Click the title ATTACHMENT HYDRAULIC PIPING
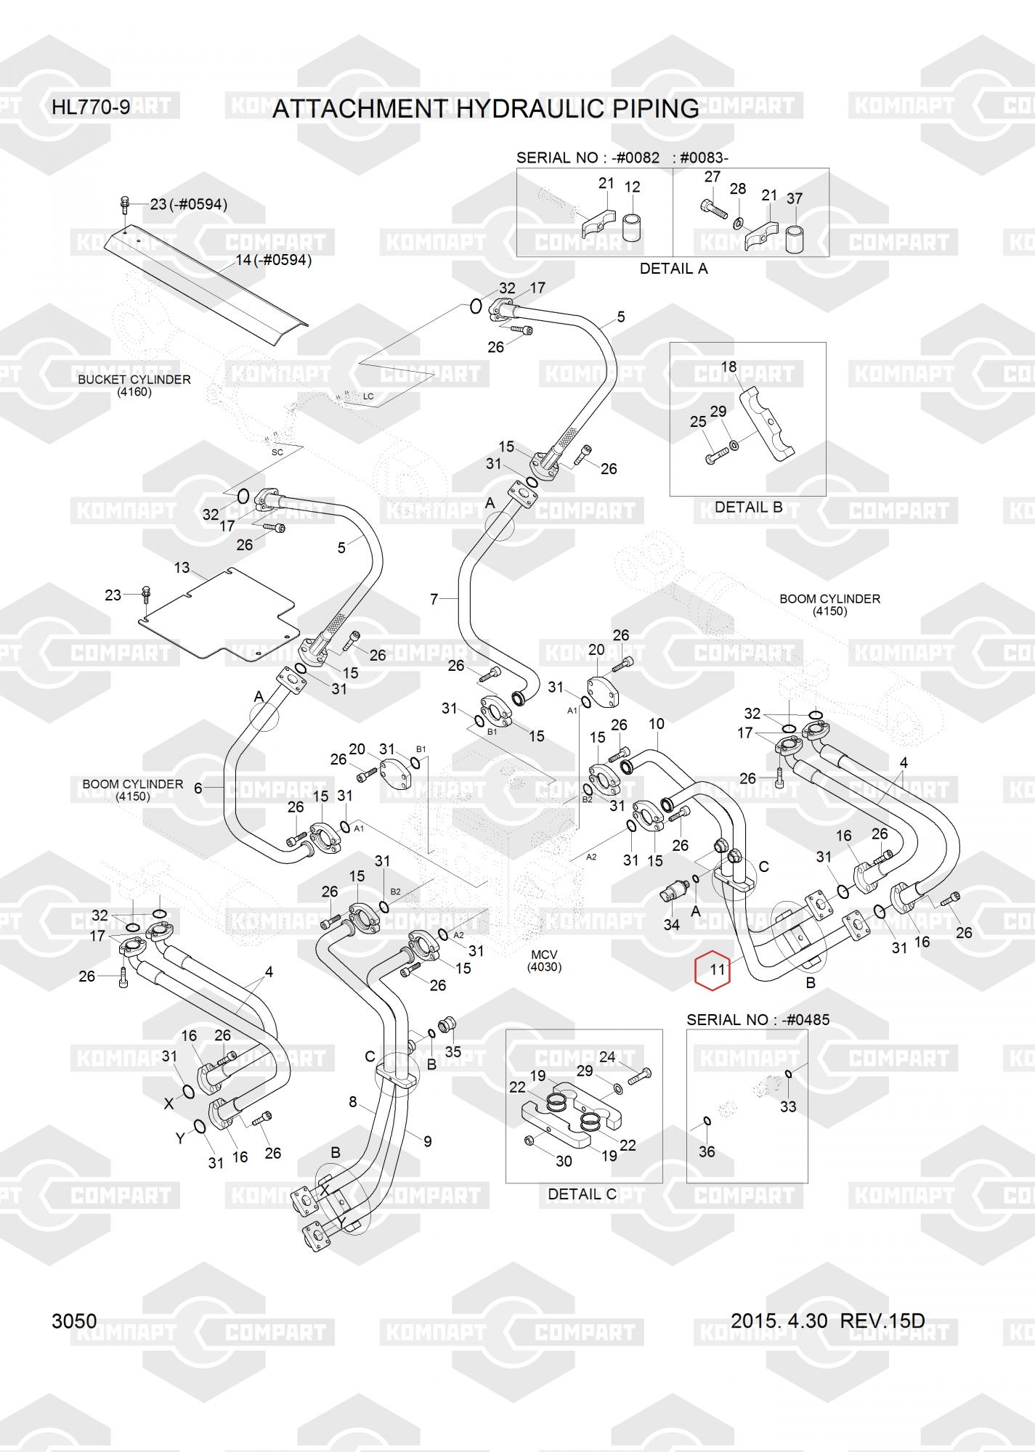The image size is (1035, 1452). [x=485, y=109]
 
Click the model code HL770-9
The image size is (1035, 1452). [x=91, y=107]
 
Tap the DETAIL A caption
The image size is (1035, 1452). [x=673, y=269]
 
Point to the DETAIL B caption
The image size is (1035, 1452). [x=748, y=507]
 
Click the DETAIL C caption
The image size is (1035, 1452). [x=582, y=1194]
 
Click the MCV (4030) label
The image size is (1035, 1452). [x=544, y=960]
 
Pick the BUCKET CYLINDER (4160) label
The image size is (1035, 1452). [x=134, y=386]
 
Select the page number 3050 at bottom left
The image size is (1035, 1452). [x=74, y=1321]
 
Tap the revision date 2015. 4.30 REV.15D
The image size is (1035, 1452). [x=827, y=1321]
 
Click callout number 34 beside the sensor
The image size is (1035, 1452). [x=672, y=925]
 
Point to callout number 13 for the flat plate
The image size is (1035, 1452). [x=182, y=568]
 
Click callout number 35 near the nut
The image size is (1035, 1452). [x=452, y=1052]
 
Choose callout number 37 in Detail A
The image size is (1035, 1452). [x=795, y=197]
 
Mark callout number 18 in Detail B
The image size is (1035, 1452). [x=728, y=367]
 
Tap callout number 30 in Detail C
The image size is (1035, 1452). [x=564, y=1161]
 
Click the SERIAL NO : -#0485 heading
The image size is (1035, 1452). [x=758, y=1019]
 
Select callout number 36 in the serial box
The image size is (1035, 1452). [x=707, y=1151]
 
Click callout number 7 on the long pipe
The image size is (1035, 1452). [x=434, y=599]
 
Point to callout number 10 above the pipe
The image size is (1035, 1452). [x=656, y=724]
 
